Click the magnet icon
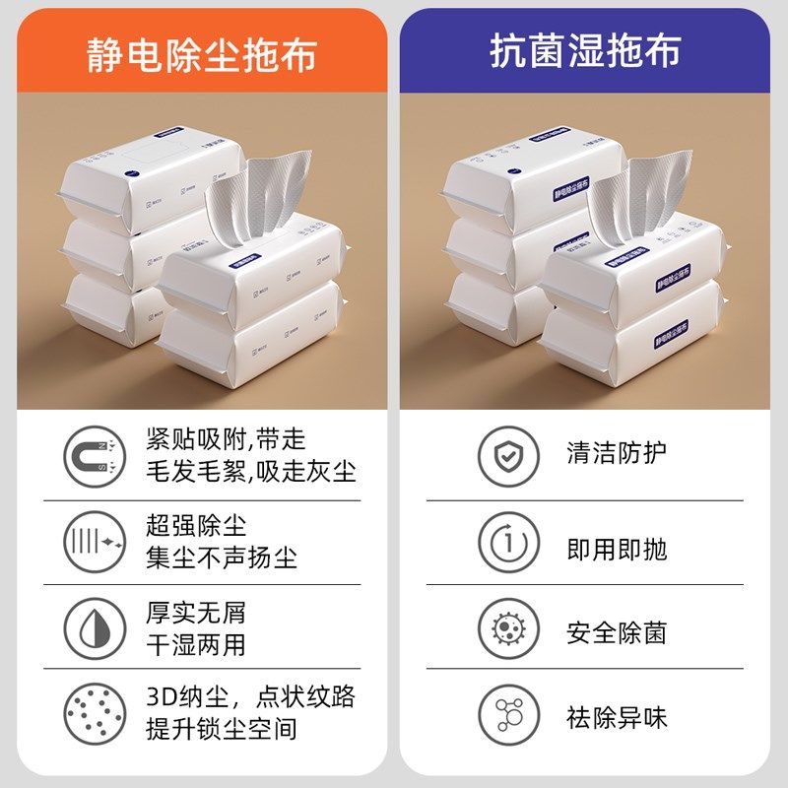pyautogui.click(x=95, y=455)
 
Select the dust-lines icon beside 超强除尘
pyautogui.click(x=95, y=543)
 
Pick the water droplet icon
pyautogui.click(x=95, y=627)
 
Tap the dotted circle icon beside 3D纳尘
pyautogui.click(x=95, y=713)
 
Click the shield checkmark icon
pyautogui.click(x=508, y=455)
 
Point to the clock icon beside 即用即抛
pyautogui.click(x=508, y=543)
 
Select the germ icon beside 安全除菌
pyautogui.click(x=508, y=627)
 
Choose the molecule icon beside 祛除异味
pyautogui.click(x=508, y=713)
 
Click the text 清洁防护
pyautogui.click(x=617, y=453)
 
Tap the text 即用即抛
pyautogui.click(x=617, y=549)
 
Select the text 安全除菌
pyautogui.click(x=617, y=632)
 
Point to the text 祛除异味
pyautogui.click(x=617, y=717)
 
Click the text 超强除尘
pyautogui.click(x=196, y=525)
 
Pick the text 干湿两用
pyautogui.click(x=196, y=645)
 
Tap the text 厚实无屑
pyautogui.click(x=196, y=612)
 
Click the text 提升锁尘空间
pyautogui.click(x=222, y=730)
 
